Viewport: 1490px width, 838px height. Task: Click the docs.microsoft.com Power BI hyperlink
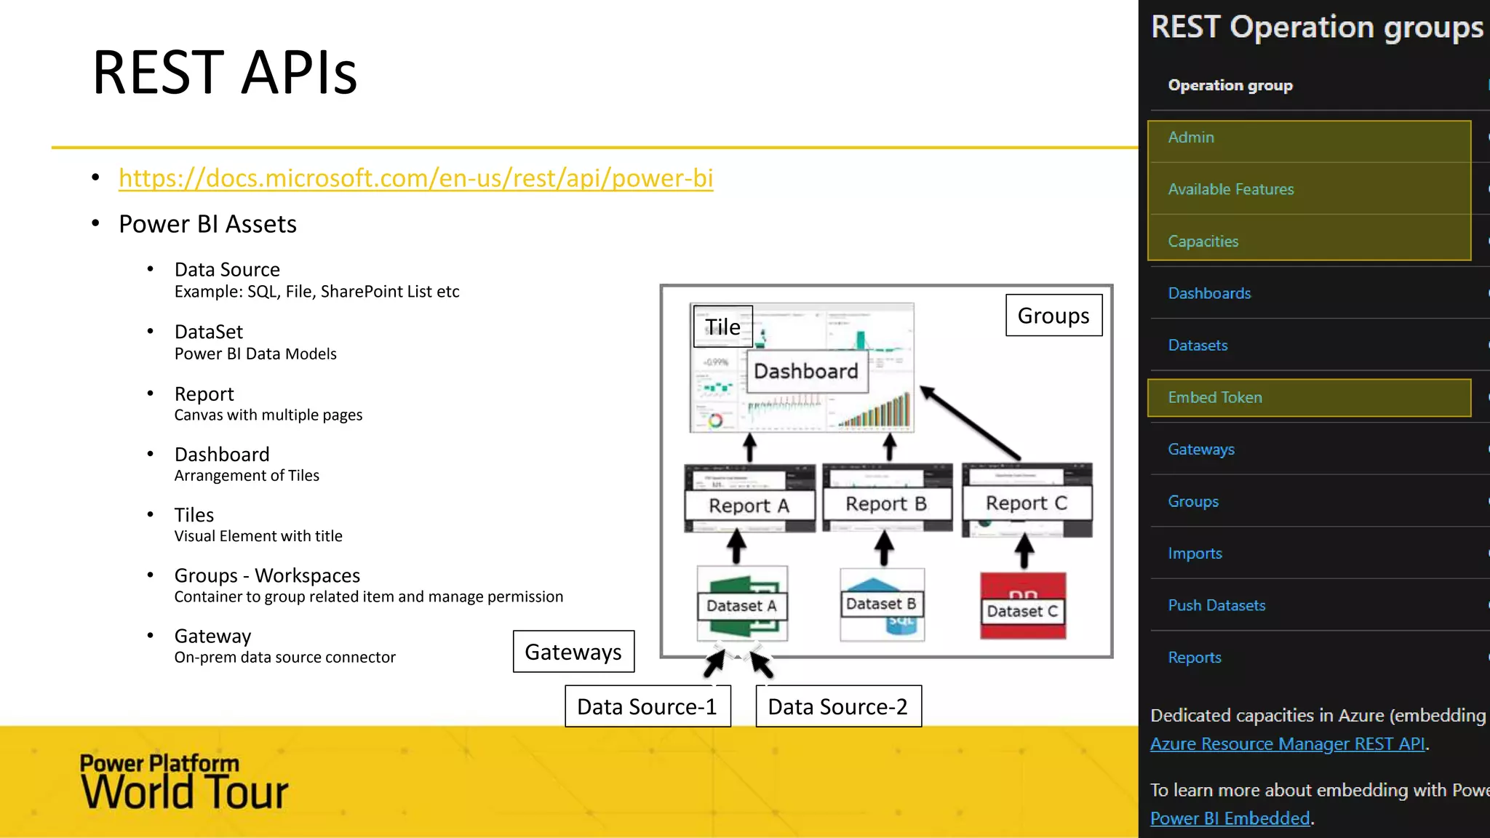tap(415, 178)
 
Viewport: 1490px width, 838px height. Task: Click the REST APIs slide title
tap(225, 73)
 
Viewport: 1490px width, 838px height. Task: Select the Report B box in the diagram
tap(886, 504)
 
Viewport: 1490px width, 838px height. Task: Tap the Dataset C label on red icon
tap(1022, 611)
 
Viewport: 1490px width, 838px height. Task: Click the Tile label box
tap(722, 327)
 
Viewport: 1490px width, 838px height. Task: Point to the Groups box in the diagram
tap(1053, 315)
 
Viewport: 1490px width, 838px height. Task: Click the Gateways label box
tap(573, 652)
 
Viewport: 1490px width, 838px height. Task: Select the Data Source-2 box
tap(838, 706)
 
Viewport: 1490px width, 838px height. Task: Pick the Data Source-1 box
tap(647, 706)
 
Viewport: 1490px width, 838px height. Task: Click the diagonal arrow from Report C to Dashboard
tap(971, 423)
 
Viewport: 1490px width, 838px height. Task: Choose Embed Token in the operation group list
tap(1215, 397)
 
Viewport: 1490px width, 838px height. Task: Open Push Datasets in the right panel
tap(1216, 605)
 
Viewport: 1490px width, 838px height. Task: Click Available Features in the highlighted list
tap(1231, 189)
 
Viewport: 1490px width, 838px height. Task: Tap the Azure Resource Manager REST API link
tap(1287, 744)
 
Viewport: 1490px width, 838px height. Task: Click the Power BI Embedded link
tap(1230, 818)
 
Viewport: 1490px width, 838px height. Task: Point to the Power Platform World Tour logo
tap(184, 782)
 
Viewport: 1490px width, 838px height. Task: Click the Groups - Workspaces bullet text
tap(267, 575)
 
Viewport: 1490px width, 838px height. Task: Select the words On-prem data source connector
tap(284, 658)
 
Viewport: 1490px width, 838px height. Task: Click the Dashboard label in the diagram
tap(806, 371)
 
